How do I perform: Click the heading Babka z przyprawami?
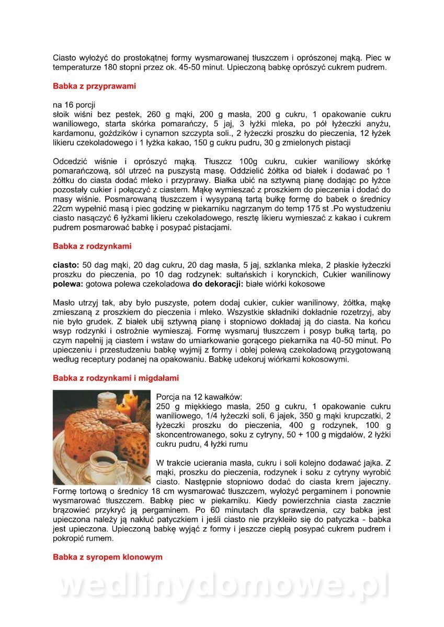point(94,86)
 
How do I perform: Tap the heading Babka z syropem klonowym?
point(107,557)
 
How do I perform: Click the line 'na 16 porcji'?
point(74,104)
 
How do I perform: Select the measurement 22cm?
point(63,209)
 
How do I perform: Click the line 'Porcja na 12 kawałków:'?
point(199,397)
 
